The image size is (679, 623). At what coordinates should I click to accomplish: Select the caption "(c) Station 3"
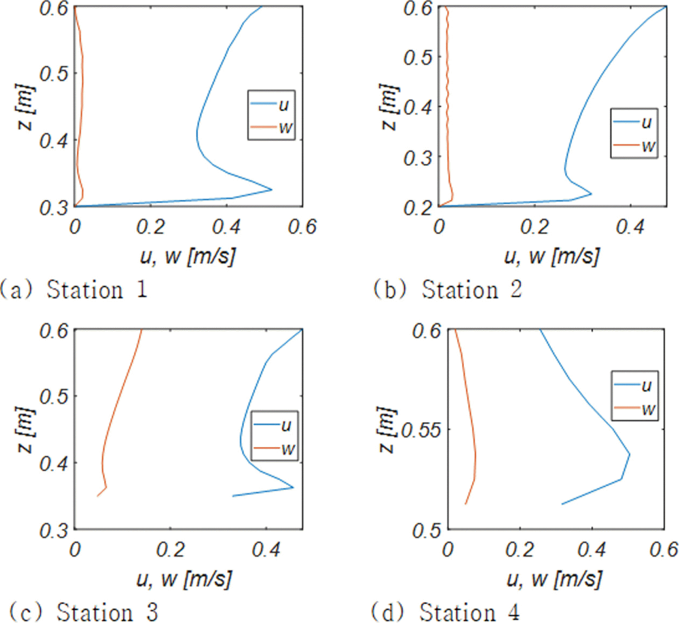[84, 611]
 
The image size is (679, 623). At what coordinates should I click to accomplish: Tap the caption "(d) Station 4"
[446, 611]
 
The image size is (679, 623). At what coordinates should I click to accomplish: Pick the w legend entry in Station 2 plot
[634, 146]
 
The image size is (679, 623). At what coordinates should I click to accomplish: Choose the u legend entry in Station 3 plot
[274, 425]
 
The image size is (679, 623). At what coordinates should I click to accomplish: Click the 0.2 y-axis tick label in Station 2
[418, 208]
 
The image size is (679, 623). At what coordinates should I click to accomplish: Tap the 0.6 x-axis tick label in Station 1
[302, 227]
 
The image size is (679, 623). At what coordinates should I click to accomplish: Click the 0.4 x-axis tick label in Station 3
[266, 550]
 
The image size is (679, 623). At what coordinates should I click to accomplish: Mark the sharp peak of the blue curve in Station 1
[272, 189]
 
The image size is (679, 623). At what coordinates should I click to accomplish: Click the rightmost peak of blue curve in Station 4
[630, 454]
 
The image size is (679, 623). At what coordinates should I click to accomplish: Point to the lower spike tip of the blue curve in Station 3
[293, 487]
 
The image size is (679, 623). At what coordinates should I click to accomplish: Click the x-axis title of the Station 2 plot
[552, 257]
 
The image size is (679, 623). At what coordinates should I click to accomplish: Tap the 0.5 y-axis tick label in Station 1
[54, 74]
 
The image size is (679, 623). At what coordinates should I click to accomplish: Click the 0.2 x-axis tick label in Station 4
[520, 550]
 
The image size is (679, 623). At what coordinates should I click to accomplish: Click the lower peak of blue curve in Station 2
[591, 194]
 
